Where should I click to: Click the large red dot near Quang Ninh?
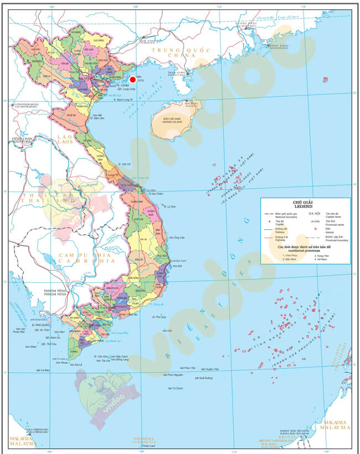click(132, 80)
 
